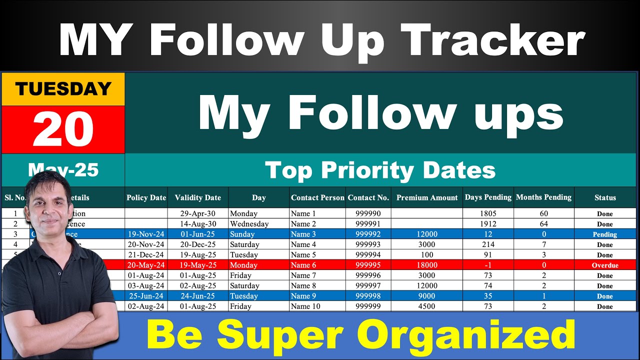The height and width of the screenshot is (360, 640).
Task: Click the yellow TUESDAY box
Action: pos(63,89)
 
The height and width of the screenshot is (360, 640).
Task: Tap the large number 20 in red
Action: pos(63,128)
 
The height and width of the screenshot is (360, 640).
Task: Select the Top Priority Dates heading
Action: pos(380,170)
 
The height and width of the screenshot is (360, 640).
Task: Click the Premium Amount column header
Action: pos(427,197)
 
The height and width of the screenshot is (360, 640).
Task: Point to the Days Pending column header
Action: pos(488,197)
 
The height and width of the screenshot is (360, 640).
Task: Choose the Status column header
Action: pos(605,197)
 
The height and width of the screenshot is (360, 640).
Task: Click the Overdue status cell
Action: pos(605,265)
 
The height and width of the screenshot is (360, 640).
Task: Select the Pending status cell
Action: pos(605,234)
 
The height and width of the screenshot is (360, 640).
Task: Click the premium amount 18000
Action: pos(427,265)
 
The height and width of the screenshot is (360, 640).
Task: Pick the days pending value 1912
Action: pos(487,224)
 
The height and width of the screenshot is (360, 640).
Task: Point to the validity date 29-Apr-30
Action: pos(198,213)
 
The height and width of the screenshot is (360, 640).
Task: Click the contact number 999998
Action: pos(368,296)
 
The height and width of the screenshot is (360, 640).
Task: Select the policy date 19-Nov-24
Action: pos(146,234)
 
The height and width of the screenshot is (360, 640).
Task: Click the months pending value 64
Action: pos(543,224)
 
